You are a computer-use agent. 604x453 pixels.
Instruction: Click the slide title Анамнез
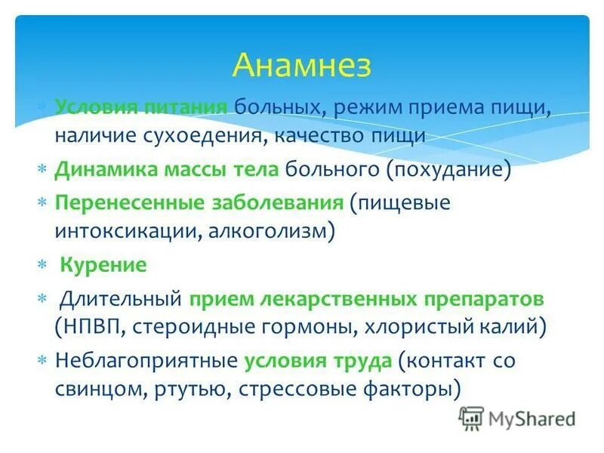(x=302, y=65)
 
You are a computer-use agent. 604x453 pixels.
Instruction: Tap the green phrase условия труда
(x=318, y=360)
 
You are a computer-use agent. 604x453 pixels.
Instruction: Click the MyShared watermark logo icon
(x=471, y=418)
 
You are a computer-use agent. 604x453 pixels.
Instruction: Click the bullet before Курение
(x=42, y=266)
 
